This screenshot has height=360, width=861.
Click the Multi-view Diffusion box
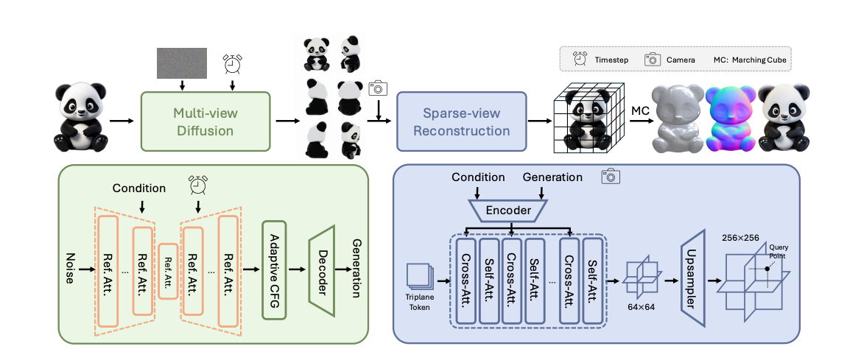point(206,121)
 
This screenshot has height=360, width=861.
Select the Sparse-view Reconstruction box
point(461,121)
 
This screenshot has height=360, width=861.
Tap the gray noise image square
point(182,63)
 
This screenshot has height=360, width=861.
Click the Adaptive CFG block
point(275,270)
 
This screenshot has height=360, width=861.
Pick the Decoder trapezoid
point(322,270)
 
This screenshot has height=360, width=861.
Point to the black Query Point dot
point(767,269)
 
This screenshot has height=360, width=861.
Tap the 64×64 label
point(641,306)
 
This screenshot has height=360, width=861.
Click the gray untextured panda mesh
point(678,119)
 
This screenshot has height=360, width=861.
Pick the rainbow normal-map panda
point(731,119)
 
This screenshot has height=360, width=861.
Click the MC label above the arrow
point(640,111)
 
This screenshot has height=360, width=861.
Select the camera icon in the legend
point(653,60)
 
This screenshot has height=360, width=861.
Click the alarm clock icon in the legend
point(580,59)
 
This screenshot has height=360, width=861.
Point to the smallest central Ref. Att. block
point(168,271)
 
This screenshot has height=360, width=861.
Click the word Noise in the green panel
point(70,269)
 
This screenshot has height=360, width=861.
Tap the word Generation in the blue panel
point(552,177)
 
